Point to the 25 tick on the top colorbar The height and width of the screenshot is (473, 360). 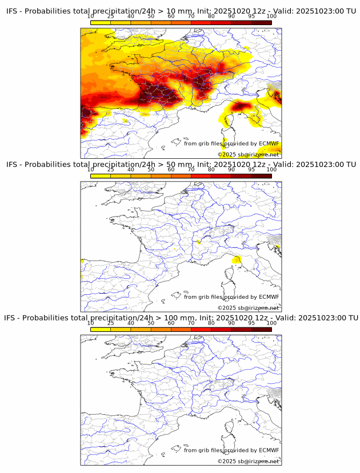pyautogui.click(x=111, y=16)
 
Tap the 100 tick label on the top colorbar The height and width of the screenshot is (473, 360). pyautogui.click(x=271, y=16)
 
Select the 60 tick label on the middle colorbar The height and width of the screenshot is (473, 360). pyautogui.click(x=171, y=170)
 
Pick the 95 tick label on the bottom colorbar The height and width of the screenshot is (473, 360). pyautogui.click(x=251, y=323)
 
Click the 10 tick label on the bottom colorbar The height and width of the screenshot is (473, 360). pyautogui.click(x=91, y=323)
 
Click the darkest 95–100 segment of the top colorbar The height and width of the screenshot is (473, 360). pyautogui.click(x=261, y=22)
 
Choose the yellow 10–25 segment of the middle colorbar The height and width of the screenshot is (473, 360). pyautogui.click(x=101, y=176)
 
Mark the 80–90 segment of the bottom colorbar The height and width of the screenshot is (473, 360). pyautogui.click(x=221, y=329)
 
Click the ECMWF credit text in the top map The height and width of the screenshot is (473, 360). pyautogui.click(x=231, y=143)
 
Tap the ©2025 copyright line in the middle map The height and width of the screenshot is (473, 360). pyautogui.click(x=248, y=308)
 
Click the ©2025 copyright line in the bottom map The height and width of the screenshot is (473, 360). pyautogui.click(x=248, y=461)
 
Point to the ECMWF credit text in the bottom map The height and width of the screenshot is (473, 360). pyautogui.click(x=231, y=450)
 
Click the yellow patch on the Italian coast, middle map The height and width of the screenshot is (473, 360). pyautogui.click(x=236, y=261)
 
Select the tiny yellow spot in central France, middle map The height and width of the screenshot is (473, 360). pyautogui.click(x=199, y=242)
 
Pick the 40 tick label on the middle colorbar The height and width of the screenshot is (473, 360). pyautogui.click(x=131, y=170)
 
